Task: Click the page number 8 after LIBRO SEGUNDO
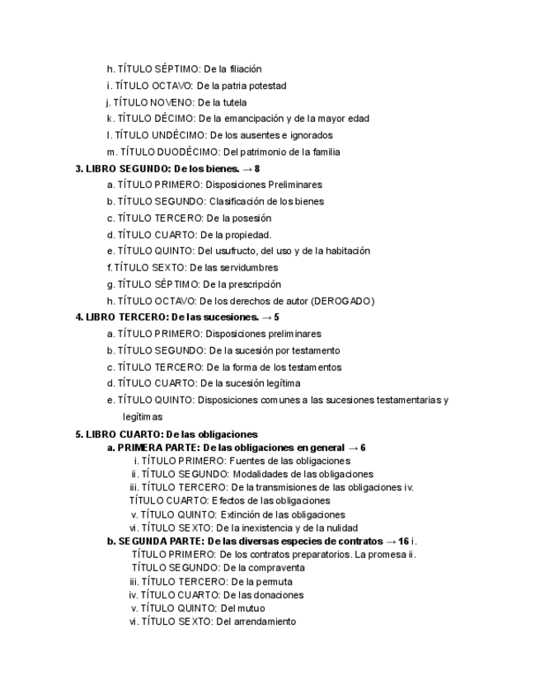[257, 169]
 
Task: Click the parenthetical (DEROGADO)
[335, 301]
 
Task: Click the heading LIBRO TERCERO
[121, 317]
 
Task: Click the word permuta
[261, 581]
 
